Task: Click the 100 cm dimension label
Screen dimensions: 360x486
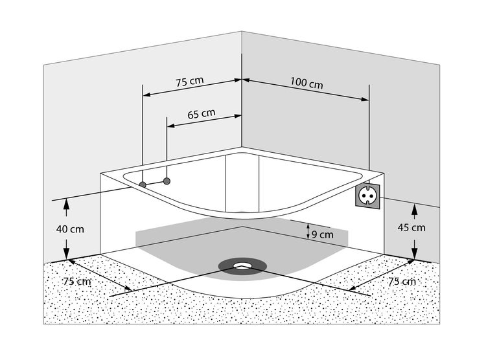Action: click(307, 84)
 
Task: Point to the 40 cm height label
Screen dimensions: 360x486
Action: click(70, 229)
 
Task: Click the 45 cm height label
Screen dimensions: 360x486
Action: click(412, 227)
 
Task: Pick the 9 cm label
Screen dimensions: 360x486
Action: click(321, 235)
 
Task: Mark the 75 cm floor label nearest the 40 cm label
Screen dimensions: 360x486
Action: click(76, 281)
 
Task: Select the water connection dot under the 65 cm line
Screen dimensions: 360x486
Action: click(167, 181)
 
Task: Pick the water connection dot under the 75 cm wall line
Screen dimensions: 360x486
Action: click(143, 185)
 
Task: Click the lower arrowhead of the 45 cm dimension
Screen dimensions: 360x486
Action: click(413, 254)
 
